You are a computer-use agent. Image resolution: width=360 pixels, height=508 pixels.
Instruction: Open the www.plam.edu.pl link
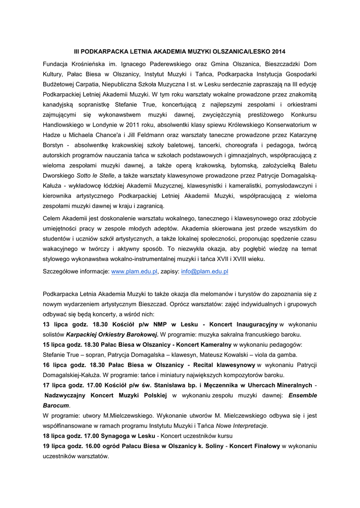click(x=134, y=272)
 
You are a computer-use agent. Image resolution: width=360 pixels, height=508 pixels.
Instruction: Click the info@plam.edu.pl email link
click(x=205, y=272)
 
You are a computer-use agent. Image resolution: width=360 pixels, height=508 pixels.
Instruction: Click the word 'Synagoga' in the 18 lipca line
click(x=115, y=436)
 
